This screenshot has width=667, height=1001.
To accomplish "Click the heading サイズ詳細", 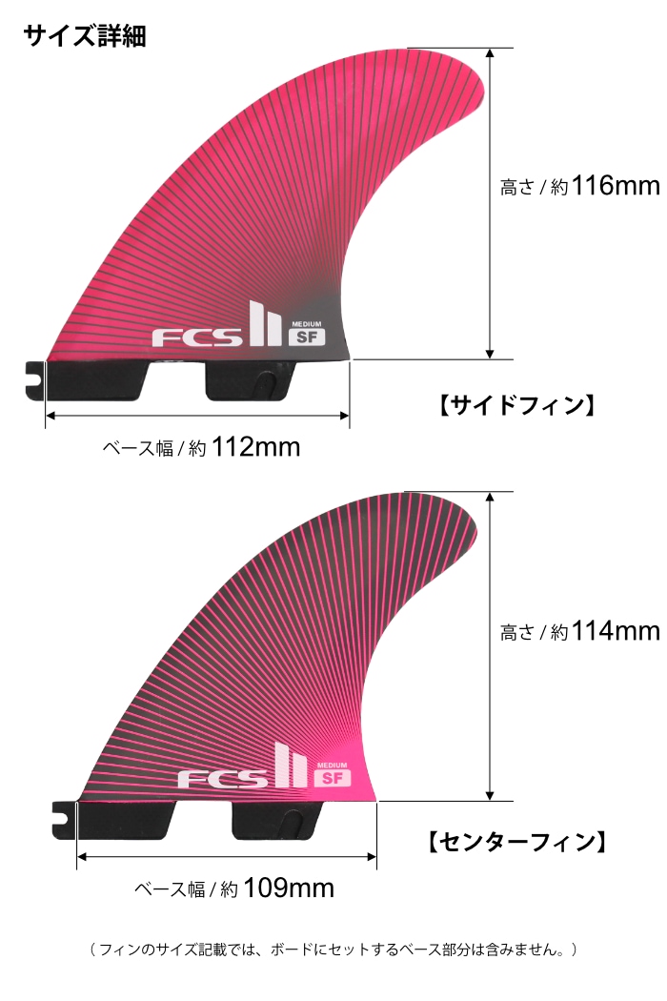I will point(84,35).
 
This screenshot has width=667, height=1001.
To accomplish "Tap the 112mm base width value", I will point(255,446).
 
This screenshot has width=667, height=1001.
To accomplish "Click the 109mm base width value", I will point(289,889).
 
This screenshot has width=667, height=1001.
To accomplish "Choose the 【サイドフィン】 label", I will point(516,405).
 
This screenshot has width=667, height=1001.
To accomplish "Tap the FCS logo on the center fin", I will point(222,778).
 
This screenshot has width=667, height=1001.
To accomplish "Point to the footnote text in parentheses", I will point(333,950).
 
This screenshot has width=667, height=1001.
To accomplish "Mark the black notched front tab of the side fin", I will point(33,376).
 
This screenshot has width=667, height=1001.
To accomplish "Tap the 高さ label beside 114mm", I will point(518,632).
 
